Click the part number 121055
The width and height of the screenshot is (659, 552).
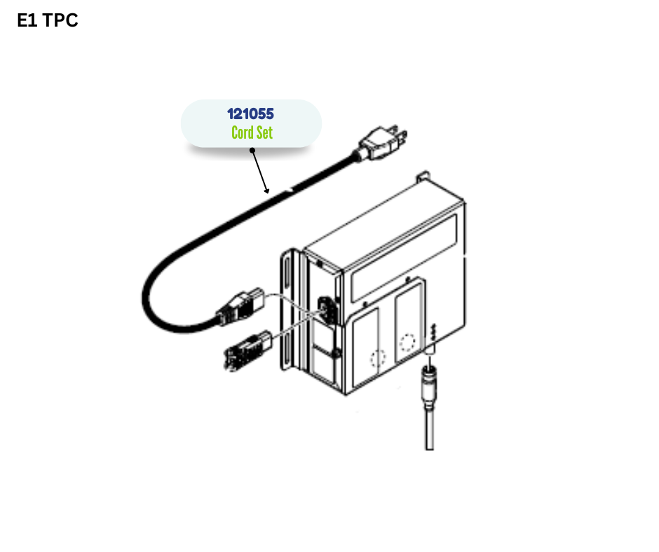(x=250, y=113)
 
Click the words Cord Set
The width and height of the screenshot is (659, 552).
(x=252, y=132)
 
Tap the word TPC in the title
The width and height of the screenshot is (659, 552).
(x=60, y=21)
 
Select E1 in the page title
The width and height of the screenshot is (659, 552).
(x=27, y=21)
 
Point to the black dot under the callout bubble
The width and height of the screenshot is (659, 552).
(x=252, y=150)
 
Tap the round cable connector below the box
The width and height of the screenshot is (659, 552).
(x=428, y=382)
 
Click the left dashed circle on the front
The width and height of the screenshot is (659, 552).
(x=378, y=359)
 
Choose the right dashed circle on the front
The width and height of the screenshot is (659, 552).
(x=407, y=343)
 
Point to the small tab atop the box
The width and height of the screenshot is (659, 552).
(x=422, y=177)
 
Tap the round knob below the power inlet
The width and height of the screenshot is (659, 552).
(x=337, y=353)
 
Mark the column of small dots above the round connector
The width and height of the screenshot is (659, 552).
(x=434, y=333)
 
